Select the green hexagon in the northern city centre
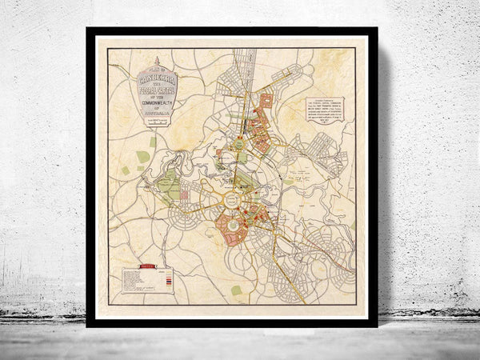point(238,145)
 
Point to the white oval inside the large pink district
point(233,226)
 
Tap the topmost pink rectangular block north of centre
point(266,99)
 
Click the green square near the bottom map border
point(237,290)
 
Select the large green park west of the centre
point(169,187)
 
